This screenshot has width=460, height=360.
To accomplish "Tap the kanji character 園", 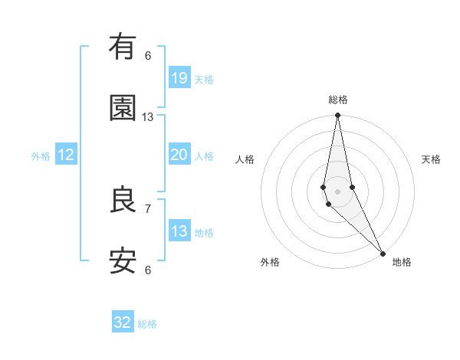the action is tap(123, 108).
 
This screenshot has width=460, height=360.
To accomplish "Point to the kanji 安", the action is tap(123, 261).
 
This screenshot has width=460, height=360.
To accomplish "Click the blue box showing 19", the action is tap(179, 77).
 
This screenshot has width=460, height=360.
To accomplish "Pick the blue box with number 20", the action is tap(179, 155).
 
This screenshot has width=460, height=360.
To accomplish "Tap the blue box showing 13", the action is tap(179, 231).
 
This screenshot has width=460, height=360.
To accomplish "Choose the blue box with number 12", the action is tap(66, 155).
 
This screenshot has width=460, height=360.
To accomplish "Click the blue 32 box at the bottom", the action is tap(123, 322).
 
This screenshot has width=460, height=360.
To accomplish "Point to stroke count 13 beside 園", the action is tap(148, 117).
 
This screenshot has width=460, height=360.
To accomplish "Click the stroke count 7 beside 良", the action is tap(148, 208).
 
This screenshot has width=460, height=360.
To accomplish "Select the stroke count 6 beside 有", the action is tap(148, 55).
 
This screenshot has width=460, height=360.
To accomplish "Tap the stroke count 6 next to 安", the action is tap(148, 270).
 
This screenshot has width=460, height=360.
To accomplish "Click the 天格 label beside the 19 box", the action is tap(204, 79).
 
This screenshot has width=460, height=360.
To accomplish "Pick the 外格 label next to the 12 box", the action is tap(41, 156).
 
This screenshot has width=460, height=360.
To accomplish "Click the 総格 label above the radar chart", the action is tap(338, 100).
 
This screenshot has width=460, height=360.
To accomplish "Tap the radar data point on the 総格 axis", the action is tap(337, 116).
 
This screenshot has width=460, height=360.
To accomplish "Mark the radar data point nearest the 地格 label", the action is tap(383, 253).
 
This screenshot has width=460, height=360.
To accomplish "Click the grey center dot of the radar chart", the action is tap(337, 191).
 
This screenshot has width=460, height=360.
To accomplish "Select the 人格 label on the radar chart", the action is tap(245, 159).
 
